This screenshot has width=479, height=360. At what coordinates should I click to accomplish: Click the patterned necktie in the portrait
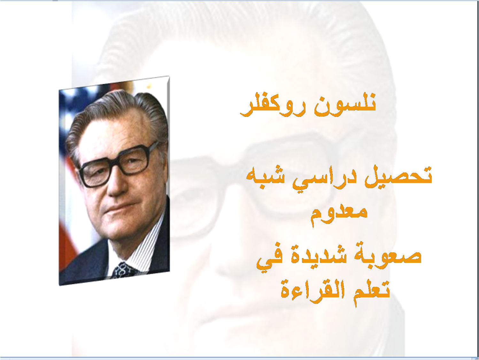point(122,269)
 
